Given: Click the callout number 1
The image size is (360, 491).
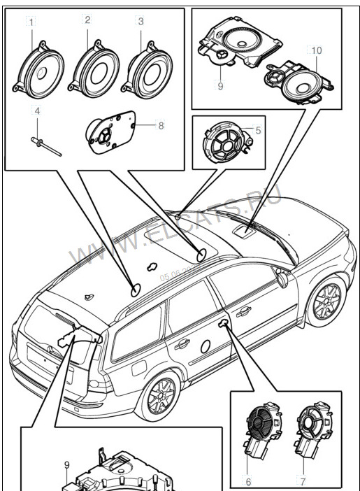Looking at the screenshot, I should point(31,23).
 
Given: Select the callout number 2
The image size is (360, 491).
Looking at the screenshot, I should point(87,20).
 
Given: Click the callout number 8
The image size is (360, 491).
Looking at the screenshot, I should point(160,126).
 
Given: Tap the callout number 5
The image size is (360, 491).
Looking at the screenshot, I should point(258,129).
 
